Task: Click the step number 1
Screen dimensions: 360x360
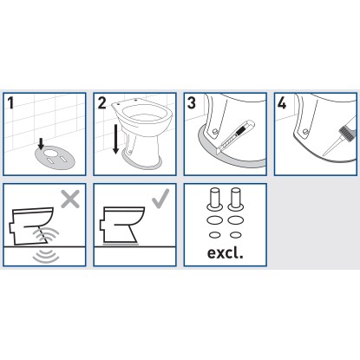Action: point(10,103)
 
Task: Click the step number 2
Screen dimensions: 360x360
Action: point(101,103)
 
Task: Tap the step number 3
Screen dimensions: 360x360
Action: point(192,103)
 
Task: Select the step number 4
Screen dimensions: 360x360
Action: point(282,103)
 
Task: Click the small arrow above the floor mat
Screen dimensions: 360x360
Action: point(41,143)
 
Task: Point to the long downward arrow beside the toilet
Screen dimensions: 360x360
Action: point(115,139)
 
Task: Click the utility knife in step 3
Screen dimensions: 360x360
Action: point(235,136)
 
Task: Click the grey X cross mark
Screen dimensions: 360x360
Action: point(70,199)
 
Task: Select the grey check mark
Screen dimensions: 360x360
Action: point(160,199)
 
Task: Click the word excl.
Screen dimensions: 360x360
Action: point(226,252)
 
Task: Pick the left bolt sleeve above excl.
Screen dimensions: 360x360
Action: point(215,199)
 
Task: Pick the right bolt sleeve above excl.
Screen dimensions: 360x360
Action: point(236,199)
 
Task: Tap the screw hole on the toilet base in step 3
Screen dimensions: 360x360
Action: point(214,132)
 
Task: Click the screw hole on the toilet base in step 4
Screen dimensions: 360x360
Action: point(304,132)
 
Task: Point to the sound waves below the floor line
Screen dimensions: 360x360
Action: point(46,257)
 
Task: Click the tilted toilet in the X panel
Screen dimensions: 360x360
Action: point(32,226)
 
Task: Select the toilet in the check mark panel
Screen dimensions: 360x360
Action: point(121,225)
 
